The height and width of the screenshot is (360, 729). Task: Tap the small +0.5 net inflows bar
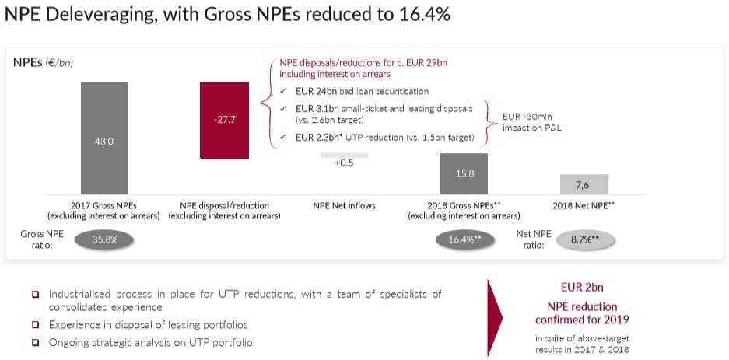344,155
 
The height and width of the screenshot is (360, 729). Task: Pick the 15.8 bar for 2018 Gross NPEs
464,173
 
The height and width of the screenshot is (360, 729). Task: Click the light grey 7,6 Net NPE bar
584,184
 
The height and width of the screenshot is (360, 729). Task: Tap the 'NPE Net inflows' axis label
344,206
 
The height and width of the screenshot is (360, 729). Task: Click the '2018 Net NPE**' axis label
584,206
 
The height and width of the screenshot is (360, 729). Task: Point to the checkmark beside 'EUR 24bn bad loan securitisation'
283,92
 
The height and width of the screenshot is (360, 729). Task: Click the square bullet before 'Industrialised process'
35,295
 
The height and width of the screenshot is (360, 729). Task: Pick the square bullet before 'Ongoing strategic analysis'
35,342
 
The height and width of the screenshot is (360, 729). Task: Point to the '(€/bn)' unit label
59,62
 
